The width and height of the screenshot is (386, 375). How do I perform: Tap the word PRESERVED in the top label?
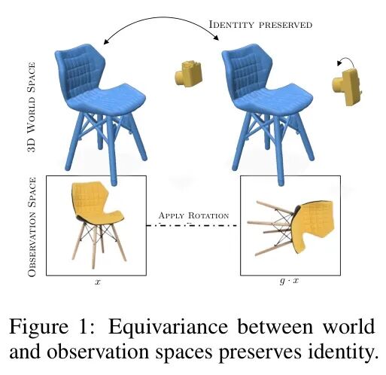pos(282,26)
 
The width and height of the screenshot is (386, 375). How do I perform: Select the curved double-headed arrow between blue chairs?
pos(162,22)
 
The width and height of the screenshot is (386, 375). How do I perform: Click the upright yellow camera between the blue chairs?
pos(188,74)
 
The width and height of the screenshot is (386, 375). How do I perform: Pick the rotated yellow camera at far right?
pos(348,87)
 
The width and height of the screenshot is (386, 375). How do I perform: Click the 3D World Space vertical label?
pos(32,107)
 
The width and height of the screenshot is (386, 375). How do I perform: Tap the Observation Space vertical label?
pos(32,227)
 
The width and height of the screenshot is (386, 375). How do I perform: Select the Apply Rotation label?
pos(193,215)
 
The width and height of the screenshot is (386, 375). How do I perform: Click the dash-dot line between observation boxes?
pos(191,225)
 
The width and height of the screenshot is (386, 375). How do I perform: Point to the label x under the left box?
pos(97,282)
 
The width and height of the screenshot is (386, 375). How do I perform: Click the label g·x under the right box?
pos(289,281)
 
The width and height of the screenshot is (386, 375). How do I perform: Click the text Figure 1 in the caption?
pos(51,328)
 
